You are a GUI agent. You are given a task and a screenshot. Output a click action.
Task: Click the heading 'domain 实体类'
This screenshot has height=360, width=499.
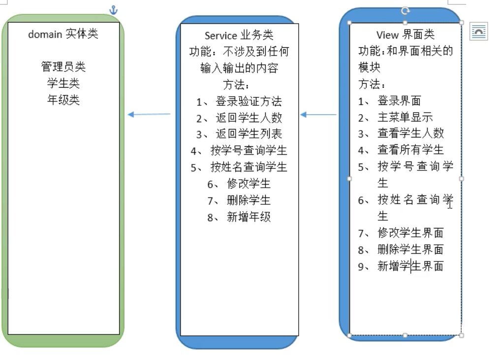click(x=63, y=34)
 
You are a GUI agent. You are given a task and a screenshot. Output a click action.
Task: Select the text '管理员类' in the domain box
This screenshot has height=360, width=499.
click(x=63, y=66)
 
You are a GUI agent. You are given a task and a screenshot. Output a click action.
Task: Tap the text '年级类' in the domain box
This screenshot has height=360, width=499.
click(x=63, y=100)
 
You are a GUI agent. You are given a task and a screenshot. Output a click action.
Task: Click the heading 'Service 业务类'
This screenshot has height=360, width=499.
click(x=239, y=35)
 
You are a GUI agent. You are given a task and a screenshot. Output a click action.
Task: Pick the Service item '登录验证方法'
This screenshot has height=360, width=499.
click(x=249, y=101)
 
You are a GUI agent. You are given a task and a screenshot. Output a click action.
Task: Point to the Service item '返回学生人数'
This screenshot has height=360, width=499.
click(x=249, y=118)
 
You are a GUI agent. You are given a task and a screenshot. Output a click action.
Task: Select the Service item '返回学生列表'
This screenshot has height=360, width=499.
click(x=249, y=134)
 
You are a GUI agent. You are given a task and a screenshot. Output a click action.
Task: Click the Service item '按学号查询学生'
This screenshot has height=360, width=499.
click(x=249, y=150)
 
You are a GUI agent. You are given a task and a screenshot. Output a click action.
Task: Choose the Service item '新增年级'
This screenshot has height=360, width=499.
click(x=249, y=217)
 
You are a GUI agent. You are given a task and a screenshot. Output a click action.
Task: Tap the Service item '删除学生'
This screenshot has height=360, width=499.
click(x=249, y=200)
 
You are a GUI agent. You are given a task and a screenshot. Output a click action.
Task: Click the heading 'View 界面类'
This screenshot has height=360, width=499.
click(x=405, y=34)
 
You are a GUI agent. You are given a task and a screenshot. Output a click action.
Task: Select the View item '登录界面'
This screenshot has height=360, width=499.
click(x=399, y=101)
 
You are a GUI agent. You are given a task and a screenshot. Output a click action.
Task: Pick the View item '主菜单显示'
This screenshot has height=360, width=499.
click(x=405, y=117)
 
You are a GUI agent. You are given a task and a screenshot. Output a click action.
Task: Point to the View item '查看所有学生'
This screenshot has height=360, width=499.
click(x=410, y=150)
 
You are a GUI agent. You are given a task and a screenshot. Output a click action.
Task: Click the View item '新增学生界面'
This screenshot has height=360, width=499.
click(x=410, y=266)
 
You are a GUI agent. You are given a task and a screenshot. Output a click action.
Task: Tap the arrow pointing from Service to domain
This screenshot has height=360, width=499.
click(x=149, y=115)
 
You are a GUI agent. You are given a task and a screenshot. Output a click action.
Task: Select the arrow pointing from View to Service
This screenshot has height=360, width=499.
click(x=318, y=115)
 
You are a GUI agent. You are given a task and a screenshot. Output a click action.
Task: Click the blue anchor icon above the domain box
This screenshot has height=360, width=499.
click(x=114, y=9)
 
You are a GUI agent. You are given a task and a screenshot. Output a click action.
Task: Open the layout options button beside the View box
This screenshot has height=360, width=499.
click(x=478, y=32)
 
